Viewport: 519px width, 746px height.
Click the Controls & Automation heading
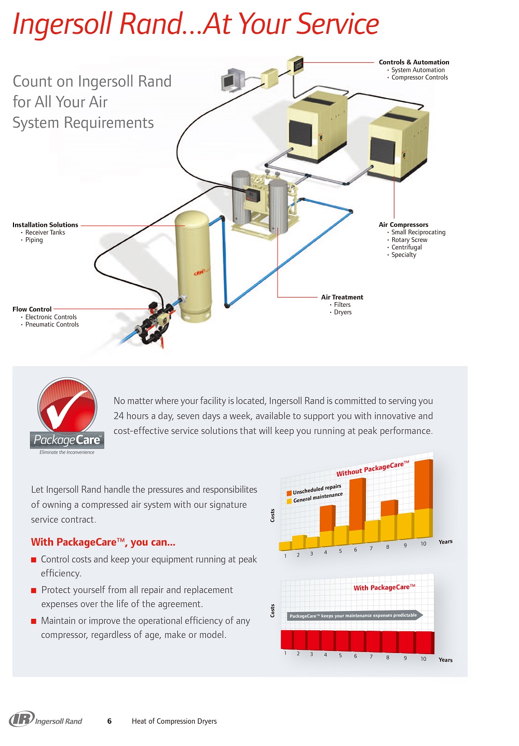414,62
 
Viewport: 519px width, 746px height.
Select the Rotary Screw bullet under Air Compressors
409,240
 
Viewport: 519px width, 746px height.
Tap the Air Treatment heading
342,297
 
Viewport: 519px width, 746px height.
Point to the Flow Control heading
32,309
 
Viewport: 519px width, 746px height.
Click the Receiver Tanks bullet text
45,233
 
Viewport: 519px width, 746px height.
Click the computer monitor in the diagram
230,80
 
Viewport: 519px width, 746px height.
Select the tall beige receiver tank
193,265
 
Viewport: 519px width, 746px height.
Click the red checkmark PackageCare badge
67,407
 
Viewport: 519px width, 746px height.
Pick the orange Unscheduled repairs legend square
289,493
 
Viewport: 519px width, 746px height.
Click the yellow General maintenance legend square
289,501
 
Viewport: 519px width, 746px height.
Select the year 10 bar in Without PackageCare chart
424,498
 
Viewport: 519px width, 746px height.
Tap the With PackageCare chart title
384,588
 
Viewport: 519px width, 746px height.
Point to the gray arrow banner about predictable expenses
354,616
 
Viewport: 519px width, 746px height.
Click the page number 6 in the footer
110,721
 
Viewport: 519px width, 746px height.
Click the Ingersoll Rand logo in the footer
46,720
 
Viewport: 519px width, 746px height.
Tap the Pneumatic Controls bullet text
52,324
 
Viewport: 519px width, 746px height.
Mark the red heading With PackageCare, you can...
103,542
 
